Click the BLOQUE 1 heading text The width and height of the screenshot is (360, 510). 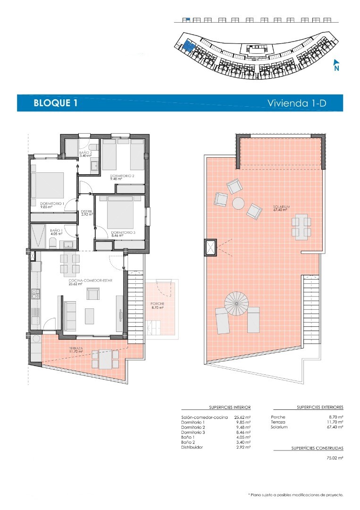[x=55, y=103]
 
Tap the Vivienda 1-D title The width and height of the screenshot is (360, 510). [x=297, y=103]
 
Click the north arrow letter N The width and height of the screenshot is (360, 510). [x=336, y=68]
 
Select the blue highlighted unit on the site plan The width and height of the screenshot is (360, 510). [x=188, y=45]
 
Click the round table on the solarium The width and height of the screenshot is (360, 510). [x=238, y=204]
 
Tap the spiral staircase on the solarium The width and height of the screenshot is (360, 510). [x=236, y=303]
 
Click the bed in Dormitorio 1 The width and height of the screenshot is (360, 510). [x=48, y=189]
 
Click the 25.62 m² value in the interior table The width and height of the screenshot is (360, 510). [x=243, y=417]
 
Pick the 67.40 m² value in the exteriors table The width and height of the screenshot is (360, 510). [x=335, y=427]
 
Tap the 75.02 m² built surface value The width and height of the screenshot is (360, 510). [x=335, y=458]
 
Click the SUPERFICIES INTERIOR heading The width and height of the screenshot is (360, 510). [x=230, y=407]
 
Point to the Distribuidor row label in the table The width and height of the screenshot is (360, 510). [x=192, y=447]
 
